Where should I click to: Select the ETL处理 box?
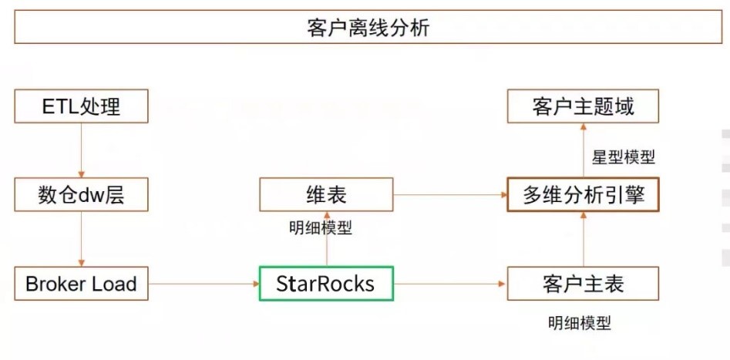(81, 106)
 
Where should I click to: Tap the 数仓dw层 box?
(81, 195)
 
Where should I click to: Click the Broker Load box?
(81, 284)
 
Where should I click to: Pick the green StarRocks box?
(325, 284)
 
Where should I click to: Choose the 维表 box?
(325, 194)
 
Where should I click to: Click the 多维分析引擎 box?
(583, 194)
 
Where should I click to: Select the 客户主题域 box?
(583, 106)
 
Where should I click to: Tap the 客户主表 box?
(583, 284)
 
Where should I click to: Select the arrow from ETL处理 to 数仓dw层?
(81, 150)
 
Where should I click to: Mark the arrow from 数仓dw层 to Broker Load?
(81, 239)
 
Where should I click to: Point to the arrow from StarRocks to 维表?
(325, 239)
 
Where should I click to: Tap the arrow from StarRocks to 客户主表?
(450, 284)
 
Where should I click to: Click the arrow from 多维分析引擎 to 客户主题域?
(583, 150)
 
